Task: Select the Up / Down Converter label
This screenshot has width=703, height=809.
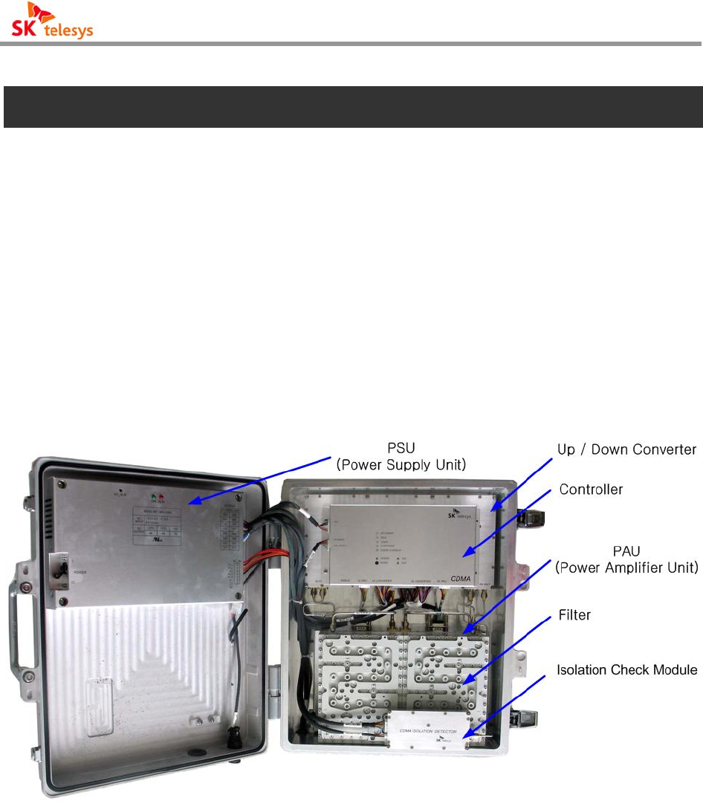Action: [626, 449]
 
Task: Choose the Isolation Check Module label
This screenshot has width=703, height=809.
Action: [626, 669]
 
